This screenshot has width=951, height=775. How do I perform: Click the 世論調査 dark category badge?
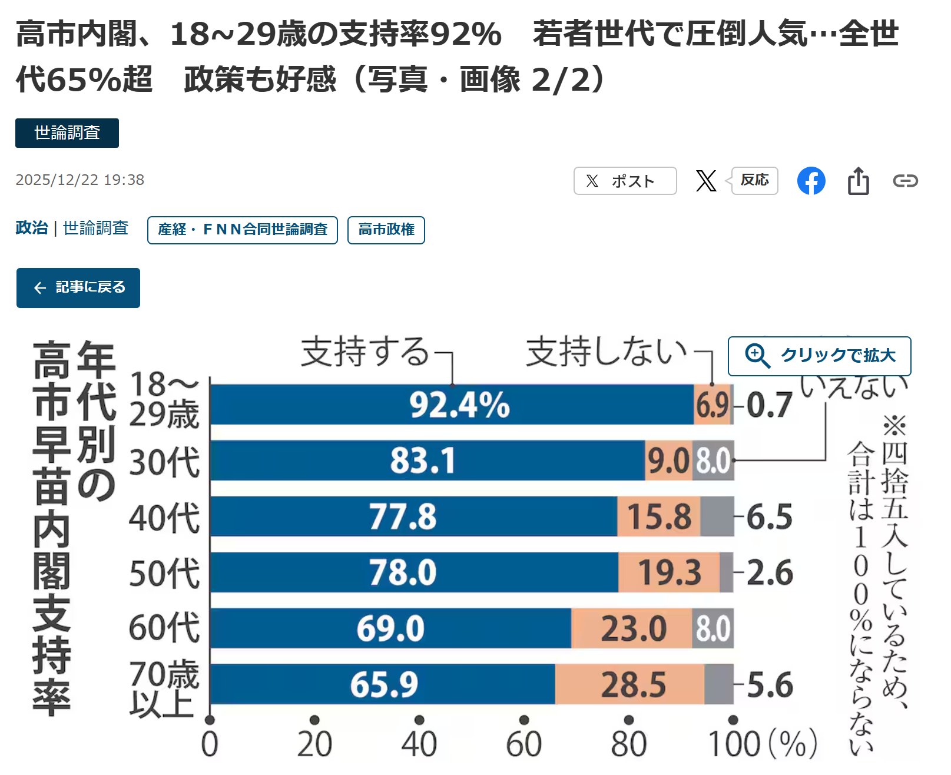[x=67, y=133]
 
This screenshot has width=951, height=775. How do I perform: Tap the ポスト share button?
[x=625, y=181]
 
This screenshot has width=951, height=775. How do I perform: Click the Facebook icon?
[x=811, y=181]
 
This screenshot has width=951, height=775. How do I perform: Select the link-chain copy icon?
[x=905, y=181]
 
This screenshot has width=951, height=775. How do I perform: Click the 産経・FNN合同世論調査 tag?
[x=242, y=230]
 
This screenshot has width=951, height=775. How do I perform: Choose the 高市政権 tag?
[x=386, y=230]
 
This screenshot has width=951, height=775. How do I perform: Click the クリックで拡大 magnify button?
[x=819, y=356]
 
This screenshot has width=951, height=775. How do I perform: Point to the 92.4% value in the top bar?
[x=459, y=405]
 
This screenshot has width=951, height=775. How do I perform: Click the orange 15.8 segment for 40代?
[x=658, y=516]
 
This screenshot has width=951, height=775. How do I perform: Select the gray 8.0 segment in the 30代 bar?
[x=713, y=461]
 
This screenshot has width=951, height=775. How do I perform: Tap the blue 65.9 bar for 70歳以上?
[x=383, y=684]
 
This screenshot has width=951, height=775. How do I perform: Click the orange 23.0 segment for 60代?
[x=632, y=628]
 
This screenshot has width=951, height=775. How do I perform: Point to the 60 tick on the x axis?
[x=523, y=744]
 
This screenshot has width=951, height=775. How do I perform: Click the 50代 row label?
[x=164, y=573]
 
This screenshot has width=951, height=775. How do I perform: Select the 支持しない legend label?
[x=606, y=352]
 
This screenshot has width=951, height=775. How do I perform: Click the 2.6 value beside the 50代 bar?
[x=769, y=572]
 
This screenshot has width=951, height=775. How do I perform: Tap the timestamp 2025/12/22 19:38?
[x=80, y=180]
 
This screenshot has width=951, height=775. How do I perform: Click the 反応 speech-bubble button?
[x=754, y=180]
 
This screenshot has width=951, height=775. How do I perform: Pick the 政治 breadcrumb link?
[x=32, y=228]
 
